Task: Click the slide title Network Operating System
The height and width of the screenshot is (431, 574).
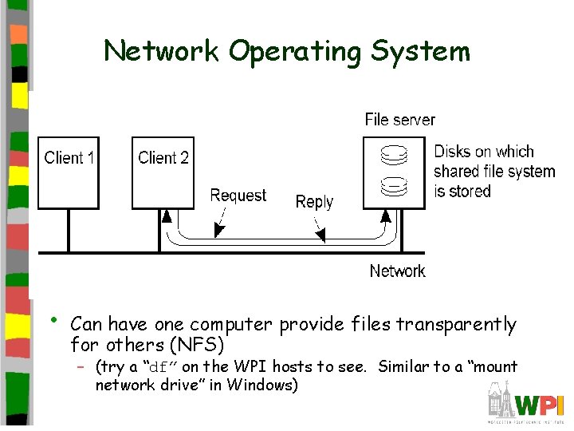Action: tap(287, 51)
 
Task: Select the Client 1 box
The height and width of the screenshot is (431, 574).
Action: tap(69, 172)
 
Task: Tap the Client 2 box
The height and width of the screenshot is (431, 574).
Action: tap(163, 172)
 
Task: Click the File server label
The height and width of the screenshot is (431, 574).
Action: tap(399, 120)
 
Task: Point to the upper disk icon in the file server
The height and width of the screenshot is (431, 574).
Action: tap(393, 152)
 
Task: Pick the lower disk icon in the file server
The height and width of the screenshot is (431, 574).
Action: tap(393, 187)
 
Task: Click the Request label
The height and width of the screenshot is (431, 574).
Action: tap(238, 196)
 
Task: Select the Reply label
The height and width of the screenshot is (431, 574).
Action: tap(314, 202)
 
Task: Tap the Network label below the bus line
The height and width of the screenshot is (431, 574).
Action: tap(397, 271)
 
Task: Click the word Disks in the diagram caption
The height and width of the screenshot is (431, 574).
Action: tap(451, 152)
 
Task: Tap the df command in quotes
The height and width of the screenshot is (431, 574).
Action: tap(160, 368)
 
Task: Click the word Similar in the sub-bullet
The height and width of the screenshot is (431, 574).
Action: tap(403, 367)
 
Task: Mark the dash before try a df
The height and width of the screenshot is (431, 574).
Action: tap(81, 368)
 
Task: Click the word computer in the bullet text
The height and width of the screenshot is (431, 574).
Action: tap(231, 325)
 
